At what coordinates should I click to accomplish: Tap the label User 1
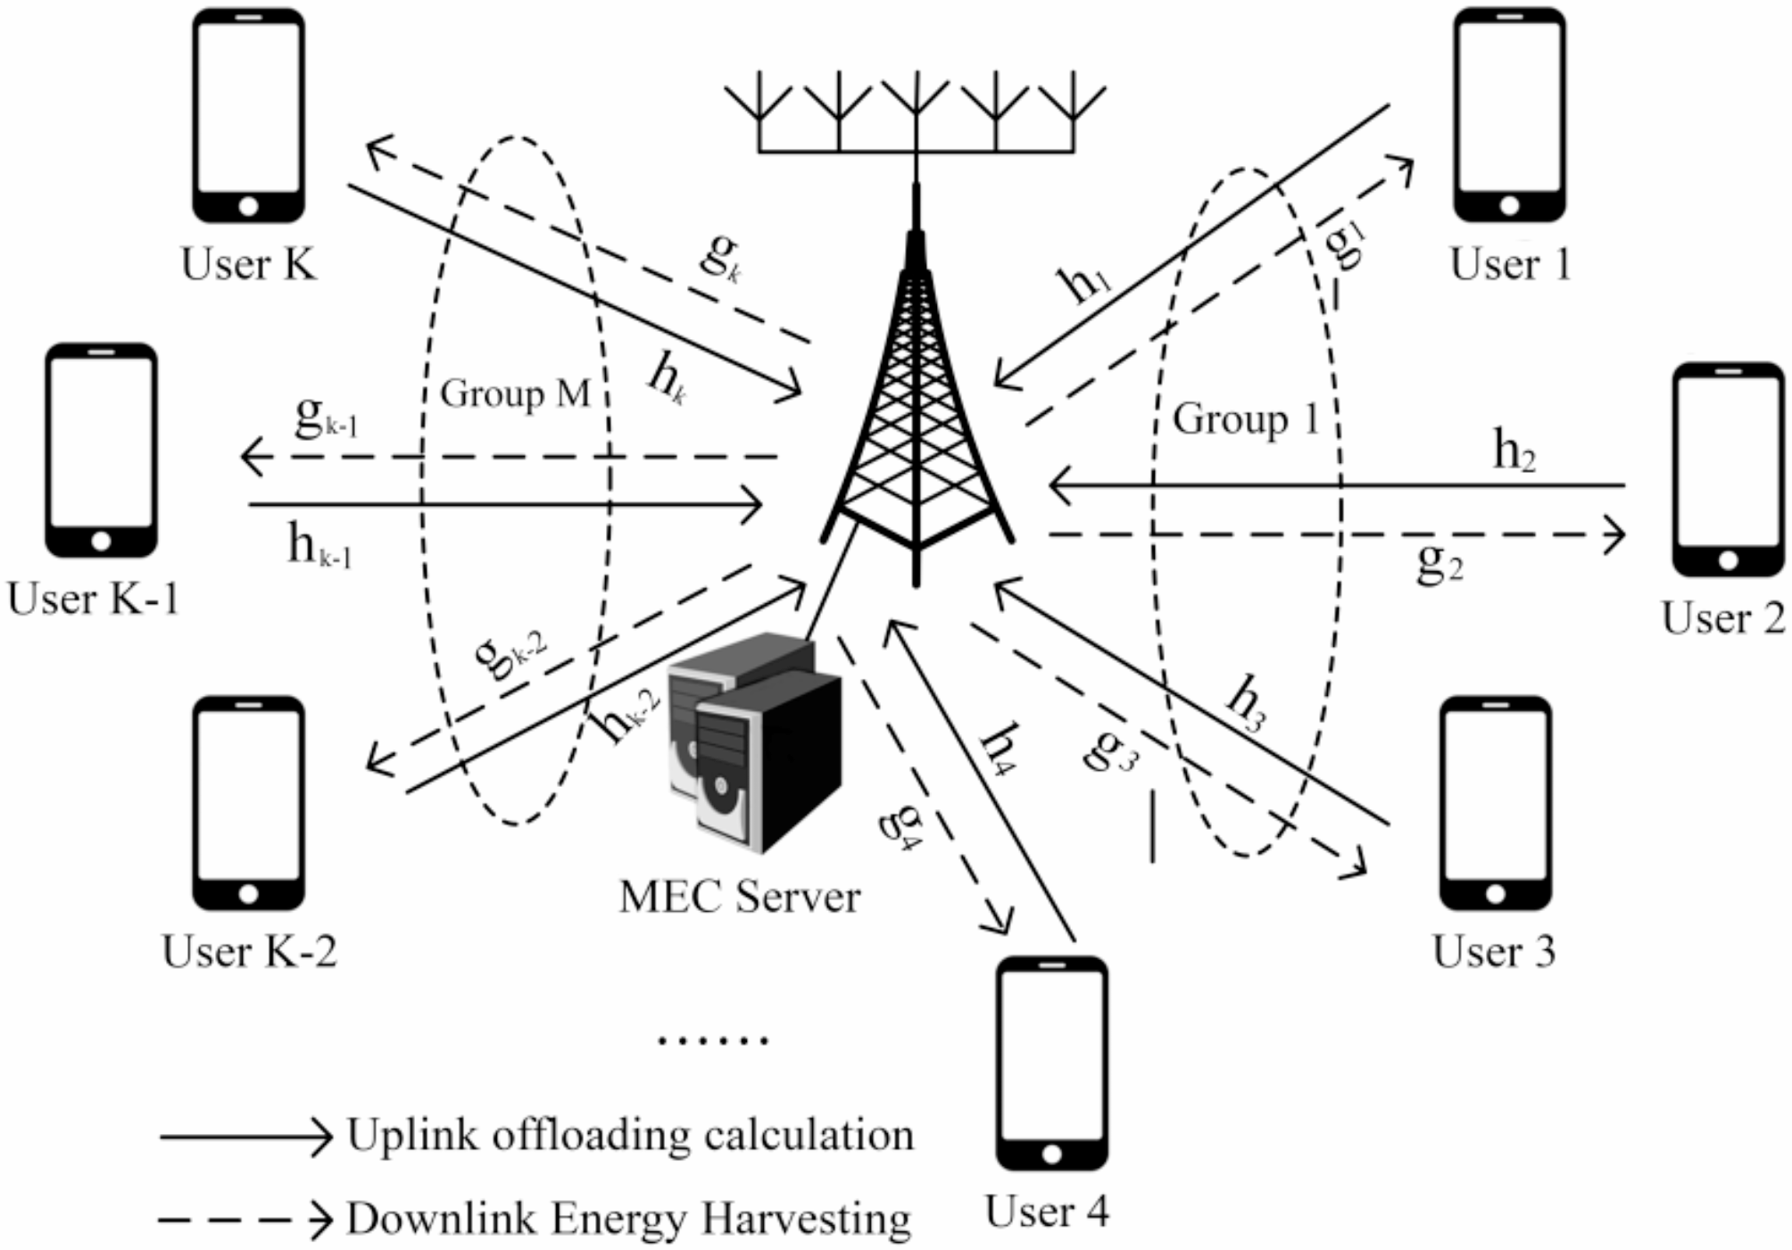1510,264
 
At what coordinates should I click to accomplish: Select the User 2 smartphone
1728,468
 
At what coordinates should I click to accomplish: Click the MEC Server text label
739,897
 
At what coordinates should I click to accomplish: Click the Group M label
515,393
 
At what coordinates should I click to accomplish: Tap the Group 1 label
1245,419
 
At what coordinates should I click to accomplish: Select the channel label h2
1514,451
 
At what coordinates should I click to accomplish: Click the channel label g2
1439,562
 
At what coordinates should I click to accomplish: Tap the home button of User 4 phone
1051,1155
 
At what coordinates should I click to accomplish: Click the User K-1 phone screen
101,442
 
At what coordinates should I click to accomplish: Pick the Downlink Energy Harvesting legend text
628,1219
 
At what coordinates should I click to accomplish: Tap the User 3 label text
1493,951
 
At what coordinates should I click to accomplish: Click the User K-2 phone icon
249,803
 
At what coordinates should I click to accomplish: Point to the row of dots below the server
712,1039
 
